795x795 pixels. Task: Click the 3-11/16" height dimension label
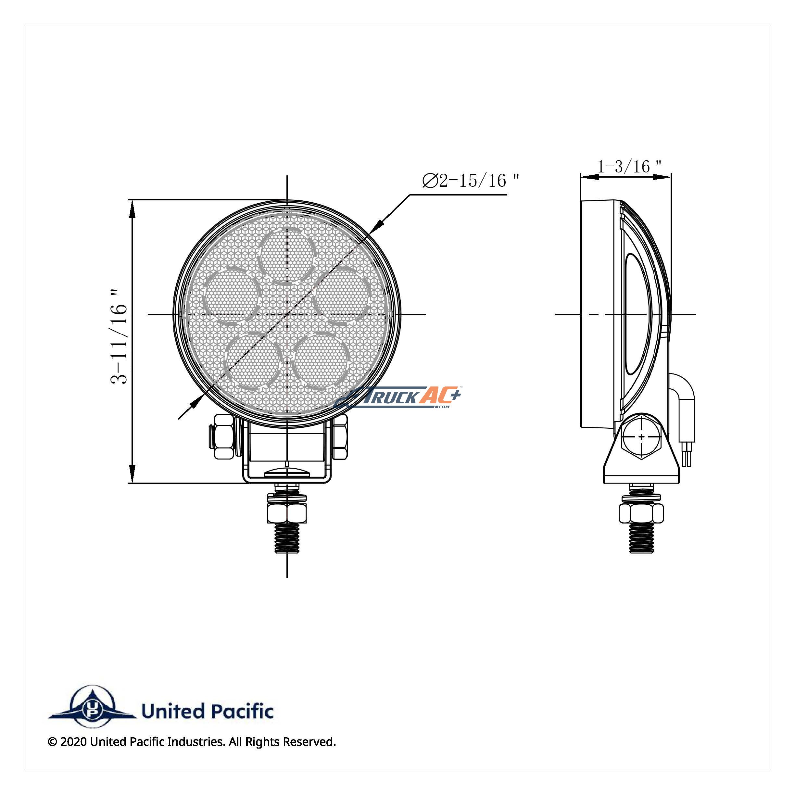pyautogui.click(x=119, y=336)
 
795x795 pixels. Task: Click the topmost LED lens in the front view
pyautogui.click(x=287, y=255)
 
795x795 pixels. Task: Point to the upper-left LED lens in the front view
pyautogui.click(x=232, y=296)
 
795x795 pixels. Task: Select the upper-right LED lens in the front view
pyautogui.click(x=342, y=296)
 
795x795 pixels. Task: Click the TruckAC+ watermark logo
pyautogui.click(x=397, y=397)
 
